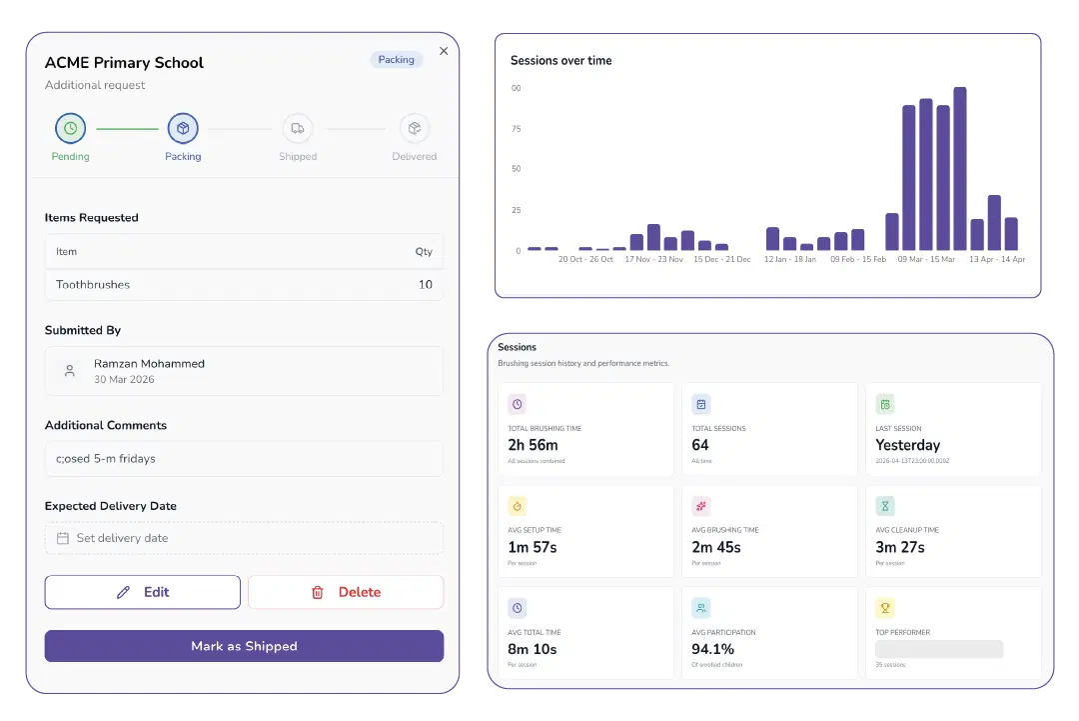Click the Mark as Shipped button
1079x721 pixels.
click(244, 646)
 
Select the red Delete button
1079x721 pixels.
click(346, 592)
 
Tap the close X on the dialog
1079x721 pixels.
click(444, 51)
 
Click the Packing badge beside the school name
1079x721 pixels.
click(397, 60)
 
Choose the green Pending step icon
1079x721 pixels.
click(70, 128)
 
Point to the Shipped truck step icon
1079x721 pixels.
click(297, 128)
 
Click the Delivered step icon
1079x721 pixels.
click(414, 128)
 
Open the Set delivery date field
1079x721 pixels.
click(244, 538)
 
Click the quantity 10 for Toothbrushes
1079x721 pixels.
click(426, 285)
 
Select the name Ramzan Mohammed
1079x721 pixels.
click(149, 364)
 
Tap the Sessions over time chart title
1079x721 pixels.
click(560, 61)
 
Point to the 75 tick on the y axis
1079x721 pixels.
click(517, 129)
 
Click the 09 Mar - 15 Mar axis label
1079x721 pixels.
click(926, 259)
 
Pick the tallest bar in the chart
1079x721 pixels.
click(959, 168)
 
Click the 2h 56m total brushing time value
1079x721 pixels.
click(533, 445)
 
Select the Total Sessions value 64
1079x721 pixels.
click(700, 445)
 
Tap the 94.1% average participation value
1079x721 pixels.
click(713, 649)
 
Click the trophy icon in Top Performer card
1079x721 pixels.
click(885, 608)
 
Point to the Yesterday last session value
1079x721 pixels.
click(907, 445)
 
